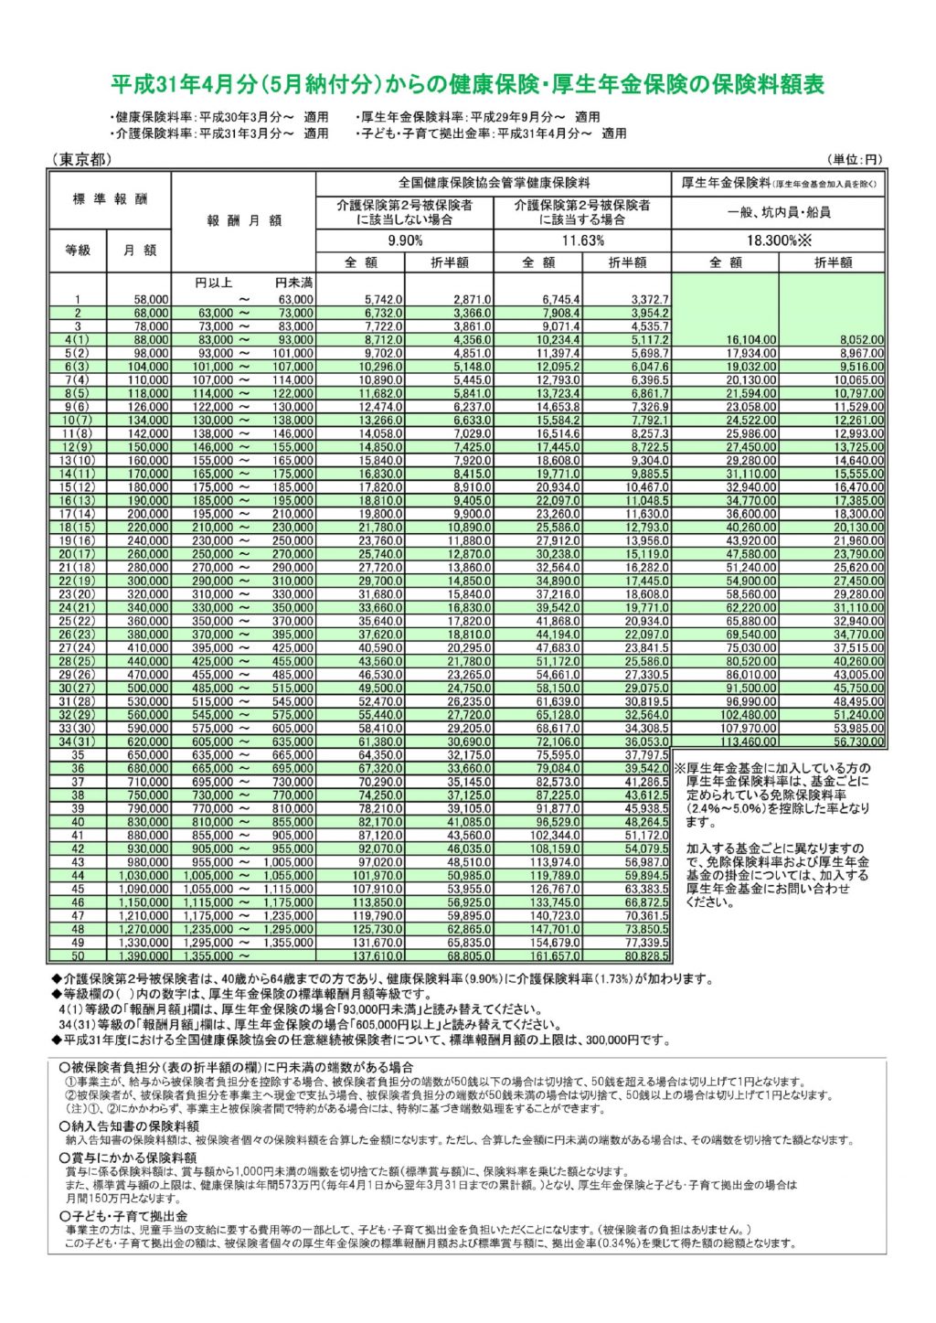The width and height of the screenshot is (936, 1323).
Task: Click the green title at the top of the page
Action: (467, 85)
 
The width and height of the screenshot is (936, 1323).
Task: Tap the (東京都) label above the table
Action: (81, 160)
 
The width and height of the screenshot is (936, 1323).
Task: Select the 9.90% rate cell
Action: (405, 240)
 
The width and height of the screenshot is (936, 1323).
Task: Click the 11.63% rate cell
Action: (583, 240)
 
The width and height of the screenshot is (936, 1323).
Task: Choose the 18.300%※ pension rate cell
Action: (779, 240)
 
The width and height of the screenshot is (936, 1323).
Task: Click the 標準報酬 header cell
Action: (110, 199)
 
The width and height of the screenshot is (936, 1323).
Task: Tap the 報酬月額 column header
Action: (244, 220)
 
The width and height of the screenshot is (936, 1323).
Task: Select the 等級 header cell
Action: (78, 250)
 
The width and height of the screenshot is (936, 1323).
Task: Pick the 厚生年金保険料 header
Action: (779, 183)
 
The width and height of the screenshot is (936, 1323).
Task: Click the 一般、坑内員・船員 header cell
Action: (779, 212)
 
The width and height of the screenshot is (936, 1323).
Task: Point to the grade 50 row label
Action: (78, 956)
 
